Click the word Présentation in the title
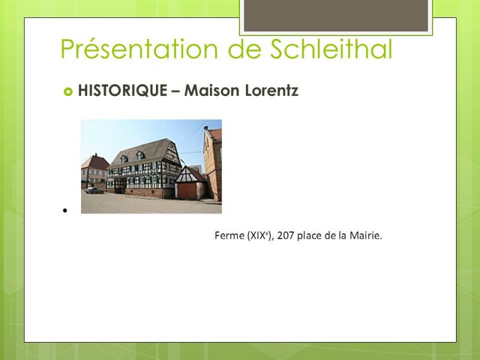[x=139, y=49]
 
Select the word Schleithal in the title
[x=331, y=49]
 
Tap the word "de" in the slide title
[x=244, y=49]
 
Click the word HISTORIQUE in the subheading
[x=122, y=91]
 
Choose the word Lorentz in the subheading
[x=272, y=91]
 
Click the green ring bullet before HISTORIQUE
[x=68, y=91]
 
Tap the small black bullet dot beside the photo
[x=65, y=211]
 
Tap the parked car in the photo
[x=94, y=190]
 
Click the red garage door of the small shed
[x=187, y=191]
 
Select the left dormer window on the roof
[x=124, y=158]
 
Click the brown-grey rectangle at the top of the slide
[x=336, y=16]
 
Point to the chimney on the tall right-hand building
[x=206, y=128]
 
